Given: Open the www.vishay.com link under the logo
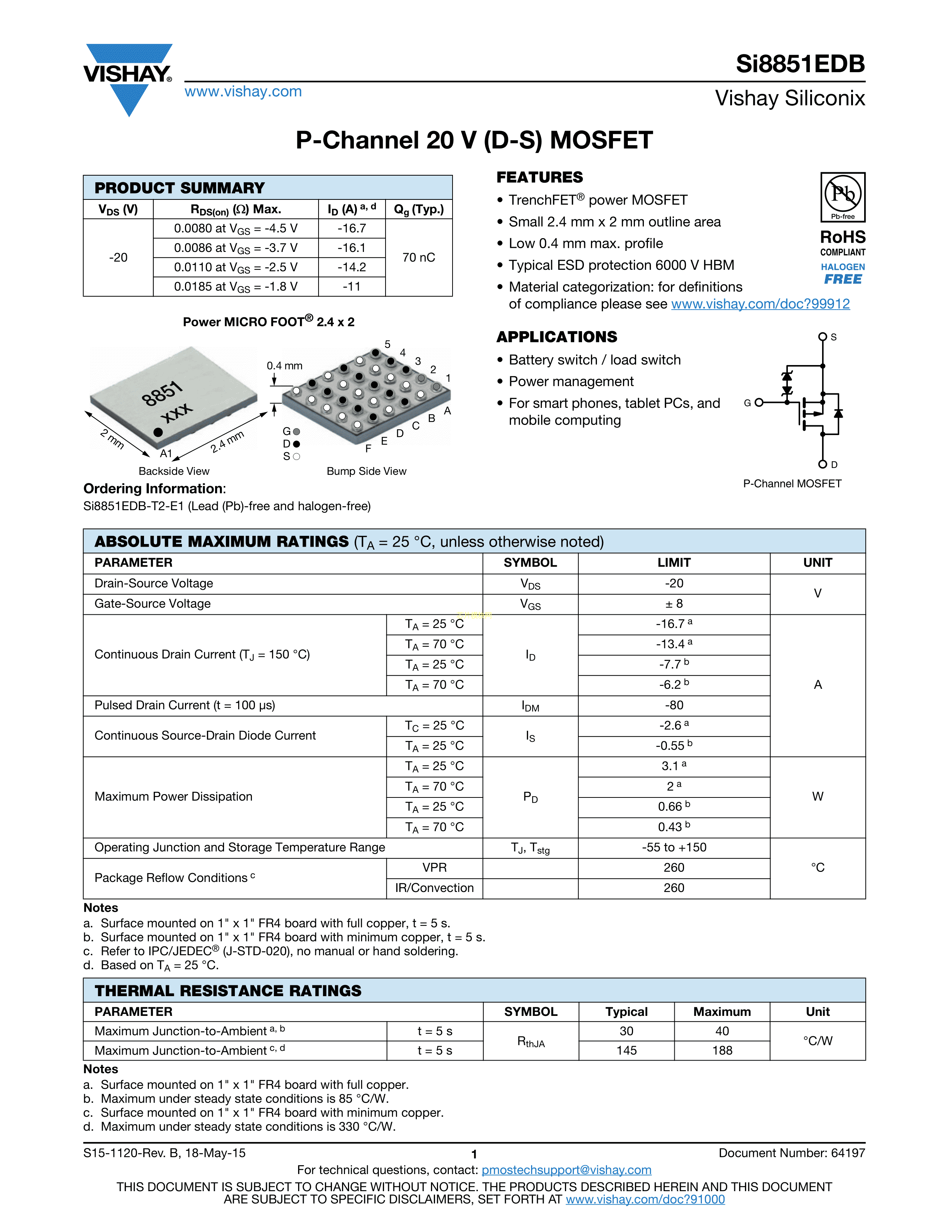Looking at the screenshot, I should (x=243, y=92).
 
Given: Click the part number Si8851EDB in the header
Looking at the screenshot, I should (x=800, y=64).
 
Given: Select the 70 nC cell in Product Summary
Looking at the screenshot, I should (x=419, y=258).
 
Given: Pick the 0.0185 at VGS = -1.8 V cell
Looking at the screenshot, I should (x=236, y=287).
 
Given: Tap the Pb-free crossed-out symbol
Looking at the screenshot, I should (x=843, y=194).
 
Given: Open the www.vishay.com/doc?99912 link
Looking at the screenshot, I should (x=760, y=304).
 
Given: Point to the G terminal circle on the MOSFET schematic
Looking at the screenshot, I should (x=759, y=403).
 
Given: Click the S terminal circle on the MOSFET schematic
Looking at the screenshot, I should (x=822, y=337).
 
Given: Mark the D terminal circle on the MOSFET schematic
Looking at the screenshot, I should (x=822, y=464).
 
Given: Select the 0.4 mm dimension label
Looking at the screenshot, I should (x=284, y=366).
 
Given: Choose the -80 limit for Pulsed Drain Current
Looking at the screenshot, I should (x=674, y=706).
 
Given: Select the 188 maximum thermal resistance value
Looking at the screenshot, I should (x=722, y=1051).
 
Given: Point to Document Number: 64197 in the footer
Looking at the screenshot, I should (x=792, y=1153).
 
